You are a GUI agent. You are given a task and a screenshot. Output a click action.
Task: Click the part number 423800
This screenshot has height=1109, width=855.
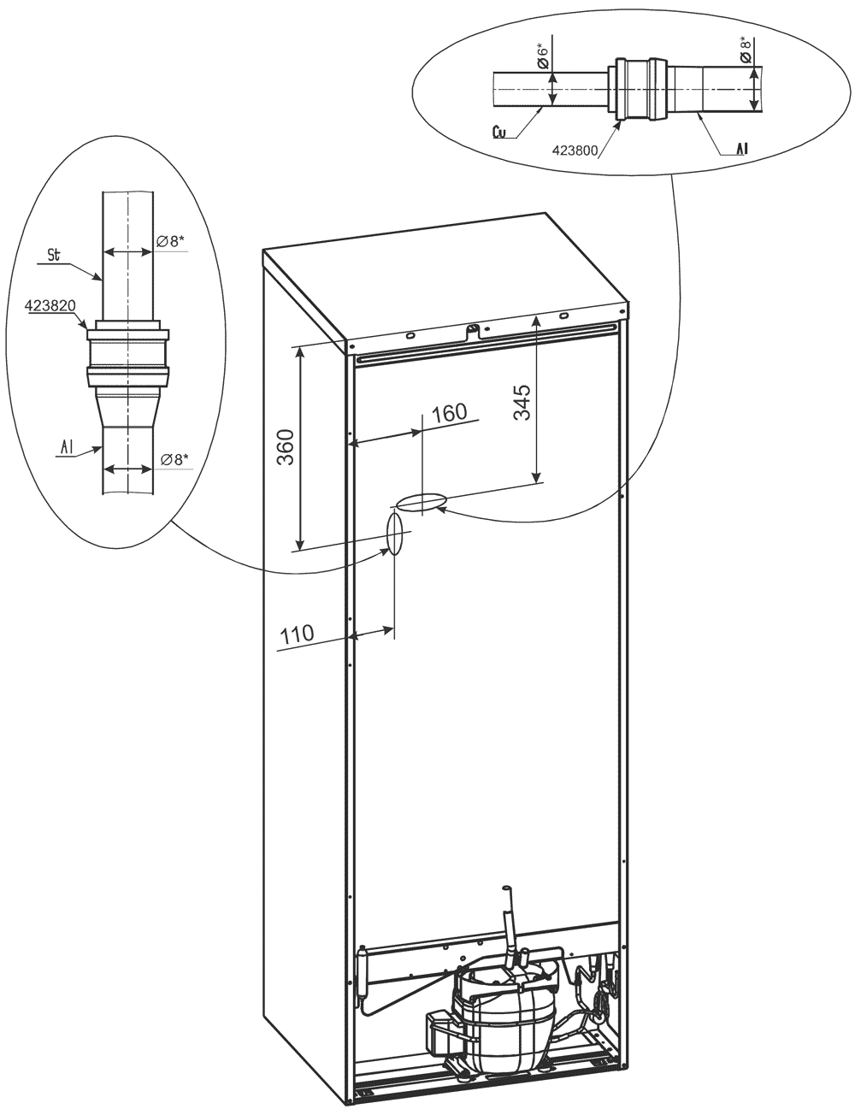pos(575,150)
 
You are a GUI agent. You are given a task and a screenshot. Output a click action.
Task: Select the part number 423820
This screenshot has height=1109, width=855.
pos(50,305)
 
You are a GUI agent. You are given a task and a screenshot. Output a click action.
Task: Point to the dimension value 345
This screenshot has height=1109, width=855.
pos(522,403)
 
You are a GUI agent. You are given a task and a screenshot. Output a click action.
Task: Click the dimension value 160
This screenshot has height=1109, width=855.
pos(450,413)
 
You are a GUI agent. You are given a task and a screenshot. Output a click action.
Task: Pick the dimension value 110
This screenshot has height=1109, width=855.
pos(297,634)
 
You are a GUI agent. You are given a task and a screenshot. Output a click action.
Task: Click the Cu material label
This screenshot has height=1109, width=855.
pos(499,133)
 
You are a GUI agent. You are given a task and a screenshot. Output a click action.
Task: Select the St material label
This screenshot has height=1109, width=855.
pos(54,256)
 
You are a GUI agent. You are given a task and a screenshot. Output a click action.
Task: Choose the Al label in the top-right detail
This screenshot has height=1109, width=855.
pos(741,149)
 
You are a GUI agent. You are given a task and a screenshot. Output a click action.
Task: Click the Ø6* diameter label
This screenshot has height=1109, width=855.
pos(543,56)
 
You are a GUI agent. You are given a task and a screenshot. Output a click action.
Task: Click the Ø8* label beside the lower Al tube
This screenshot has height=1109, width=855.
pos(174,459)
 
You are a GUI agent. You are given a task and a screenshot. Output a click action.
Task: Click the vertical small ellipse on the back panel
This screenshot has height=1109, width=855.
pos(394,534)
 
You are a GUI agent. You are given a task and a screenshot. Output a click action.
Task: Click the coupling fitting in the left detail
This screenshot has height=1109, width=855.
pos(127,353)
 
